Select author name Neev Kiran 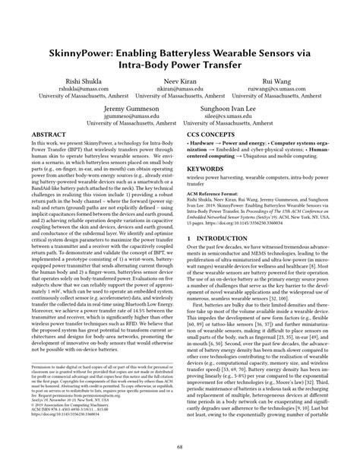180,80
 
